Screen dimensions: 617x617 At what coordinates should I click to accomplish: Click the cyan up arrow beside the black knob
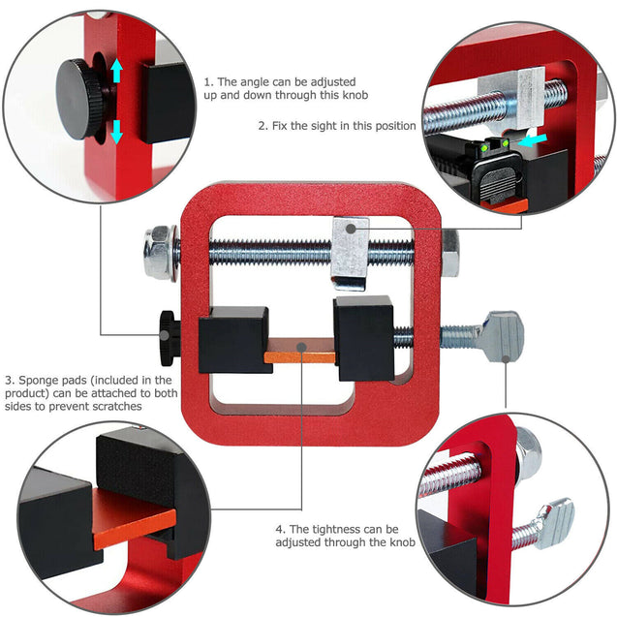[x=117, y=71]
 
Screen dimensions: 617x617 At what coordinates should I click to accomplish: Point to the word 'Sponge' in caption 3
[x=42, y=381]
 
